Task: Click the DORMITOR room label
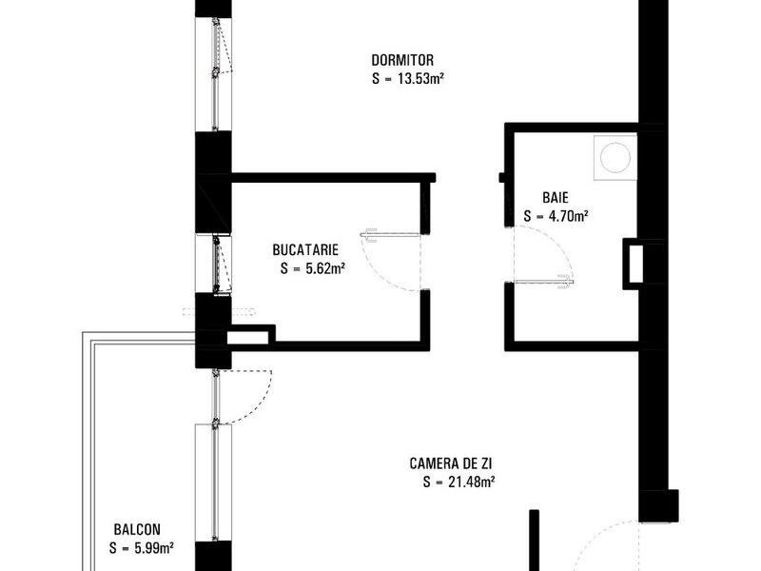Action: [x=402, y=60]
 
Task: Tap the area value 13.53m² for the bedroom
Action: [x=421, y=79]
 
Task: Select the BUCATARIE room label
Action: [x=305, y=250]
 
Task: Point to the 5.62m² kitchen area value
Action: [x=324, y=268]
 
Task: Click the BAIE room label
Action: [x=556, y=198]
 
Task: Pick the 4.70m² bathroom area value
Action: [x=568, y=216]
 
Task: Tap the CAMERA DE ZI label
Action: [x=451, y=463]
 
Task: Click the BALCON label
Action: [x=137, y=529]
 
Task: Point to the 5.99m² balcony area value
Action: [x=154, y=548]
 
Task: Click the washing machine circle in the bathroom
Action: [x=615, y=157]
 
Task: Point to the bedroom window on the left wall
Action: [x=214, y=74]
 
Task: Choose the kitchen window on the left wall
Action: [x=214, y=264]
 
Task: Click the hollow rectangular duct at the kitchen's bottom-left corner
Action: [x=249, y=336]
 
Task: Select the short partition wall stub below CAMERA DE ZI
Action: [x=534, y=540]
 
